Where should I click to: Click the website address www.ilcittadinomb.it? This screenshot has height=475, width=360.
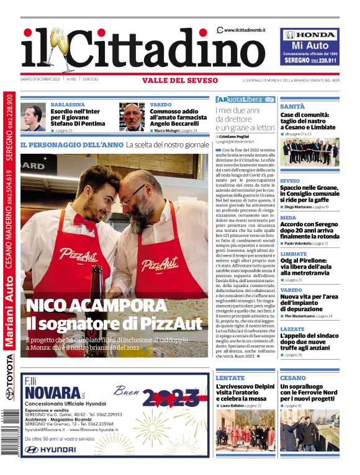coord(245,30)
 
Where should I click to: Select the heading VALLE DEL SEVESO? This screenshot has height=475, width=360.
coord(180,80)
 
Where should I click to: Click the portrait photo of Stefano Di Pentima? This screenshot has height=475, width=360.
coord(33,117)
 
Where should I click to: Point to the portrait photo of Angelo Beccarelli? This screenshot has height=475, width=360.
coord(132,117)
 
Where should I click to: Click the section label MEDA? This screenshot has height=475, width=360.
coord(288,218)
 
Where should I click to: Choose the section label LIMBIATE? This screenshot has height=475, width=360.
coord(293,254)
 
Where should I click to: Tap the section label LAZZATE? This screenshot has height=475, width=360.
coord(292,329)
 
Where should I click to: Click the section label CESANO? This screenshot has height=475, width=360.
coord(292,378)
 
